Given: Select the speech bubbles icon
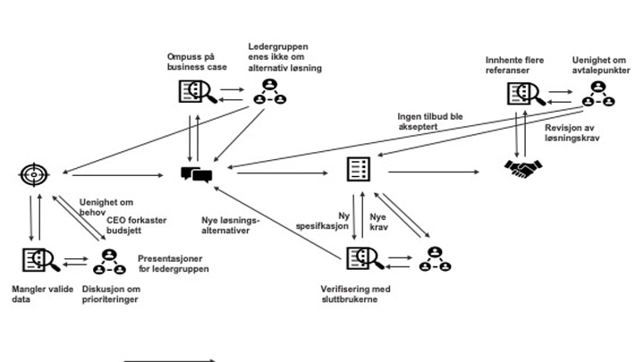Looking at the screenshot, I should pos(196,173).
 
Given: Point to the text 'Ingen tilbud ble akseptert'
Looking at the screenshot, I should pos(432,121).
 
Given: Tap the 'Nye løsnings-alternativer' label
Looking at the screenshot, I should pos(231,224).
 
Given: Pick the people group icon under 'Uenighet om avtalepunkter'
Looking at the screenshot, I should pos(597,93).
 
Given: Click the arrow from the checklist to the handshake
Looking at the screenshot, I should pos(437,170).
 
